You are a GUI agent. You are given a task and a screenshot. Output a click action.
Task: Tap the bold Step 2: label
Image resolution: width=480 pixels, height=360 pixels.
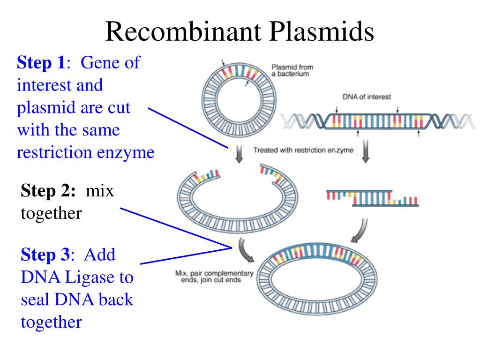(x=48, y=191)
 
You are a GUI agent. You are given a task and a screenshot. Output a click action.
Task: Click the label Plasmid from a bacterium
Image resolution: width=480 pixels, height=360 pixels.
(x=292, y=70)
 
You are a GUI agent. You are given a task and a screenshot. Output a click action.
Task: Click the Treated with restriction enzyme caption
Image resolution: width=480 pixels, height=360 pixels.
(x=303, y=151)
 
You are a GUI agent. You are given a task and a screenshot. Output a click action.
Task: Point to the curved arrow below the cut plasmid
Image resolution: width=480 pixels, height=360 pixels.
(x=245, y=250)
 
